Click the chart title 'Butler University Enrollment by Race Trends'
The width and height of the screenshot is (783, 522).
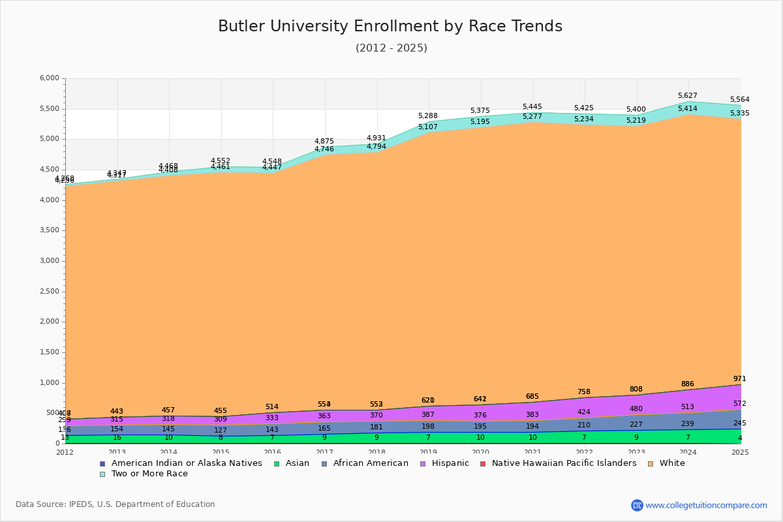[x=390, y=26]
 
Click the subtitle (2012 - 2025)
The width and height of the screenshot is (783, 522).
[x=391, y=48]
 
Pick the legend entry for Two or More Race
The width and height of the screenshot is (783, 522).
[x=149, y=474]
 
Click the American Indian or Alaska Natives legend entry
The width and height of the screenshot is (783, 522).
[x=187, y=463]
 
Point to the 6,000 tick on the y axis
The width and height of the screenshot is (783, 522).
[x=50, y=78]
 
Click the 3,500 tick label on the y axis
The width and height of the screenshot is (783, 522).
[x=50, y=230]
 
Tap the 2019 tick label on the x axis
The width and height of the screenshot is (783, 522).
[x=429, y=452]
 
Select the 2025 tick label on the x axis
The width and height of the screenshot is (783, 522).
[x=740, y=452]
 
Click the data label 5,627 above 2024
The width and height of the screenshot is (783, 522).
[x=688, y=95]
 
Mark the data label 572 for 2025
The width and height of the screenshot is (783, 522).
[x=739, y=404]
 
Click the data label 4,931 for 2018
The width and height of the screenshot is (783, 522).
[x=376, y=138]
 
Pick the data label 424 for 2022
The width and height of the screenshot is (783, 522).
[x=584, y=412]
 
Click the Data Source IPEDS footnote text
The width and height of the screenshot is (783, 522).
[x=115, y=504]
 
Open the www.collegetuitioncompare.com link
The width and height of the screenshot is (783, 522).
[x=706, y=505]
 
